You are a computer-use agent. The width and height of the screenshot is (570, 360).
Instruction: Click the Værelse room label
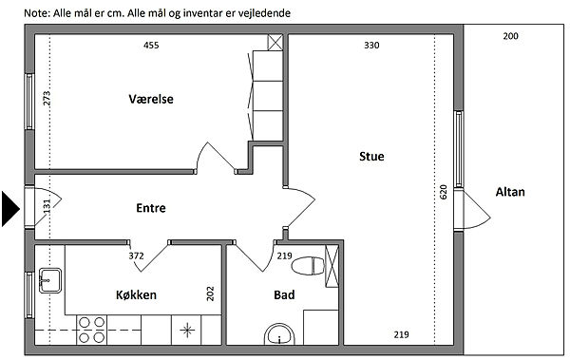(151, 99)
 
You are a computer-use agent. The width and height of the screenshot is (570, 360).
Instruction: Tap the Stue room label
(371, 157)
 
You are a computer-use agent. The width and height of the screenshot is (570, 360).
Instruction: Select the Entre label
(151, 208)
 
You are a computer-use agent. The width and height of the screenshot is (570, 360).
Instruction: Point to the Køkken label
(136, 294)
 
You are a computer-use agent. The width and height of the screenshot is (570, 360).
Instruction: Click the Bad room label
(284, 294)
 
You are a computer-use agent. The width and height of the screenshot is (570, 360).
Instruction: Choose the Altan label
(510, 192)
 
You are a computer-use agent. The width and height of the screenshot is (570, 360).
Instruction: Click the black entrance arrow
(10, 209)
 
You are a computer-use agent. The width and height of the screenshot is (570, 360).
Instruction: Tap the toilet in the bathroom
(308, 265)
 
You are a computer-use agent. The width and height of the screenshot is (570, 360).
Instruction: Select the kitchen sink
(50, 280)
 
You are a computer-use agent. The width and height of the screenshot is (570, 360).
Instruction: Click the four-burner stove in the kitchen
(91, 331)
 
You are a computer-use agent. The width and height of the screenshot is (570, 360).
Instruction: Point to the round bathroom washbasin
(279, 335)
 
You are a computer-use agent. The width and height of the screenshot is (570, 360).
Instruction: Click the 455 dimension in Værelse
(151, 45)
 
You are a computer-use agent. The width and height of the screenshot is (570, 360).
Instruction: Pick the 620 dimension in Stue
(443, 192)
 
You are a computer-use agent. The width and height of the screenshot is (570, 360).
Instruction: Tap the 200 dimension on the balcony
(511, 36)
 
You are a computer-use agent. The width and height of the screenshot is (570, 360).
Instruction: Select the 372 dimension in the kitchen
(136, 256)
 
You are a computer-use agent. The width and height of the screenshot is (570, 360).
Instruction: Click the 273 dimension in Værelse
(47, 98)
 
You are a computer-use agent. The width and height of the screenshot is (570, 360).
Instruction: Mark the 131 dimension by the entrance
(47, 206)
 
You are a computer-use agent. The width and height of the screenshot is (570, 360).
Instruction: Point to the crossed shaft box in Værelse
(275, 43)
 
